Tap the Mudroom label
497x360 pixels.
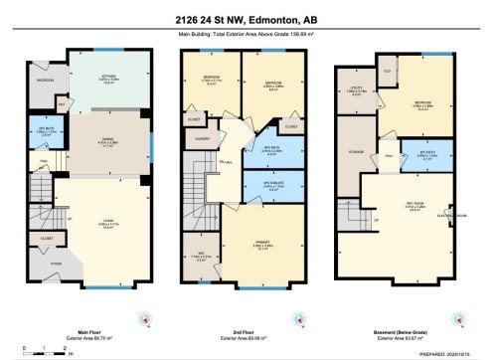[45, 81]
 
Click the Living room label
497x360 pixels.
[105, 223]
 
